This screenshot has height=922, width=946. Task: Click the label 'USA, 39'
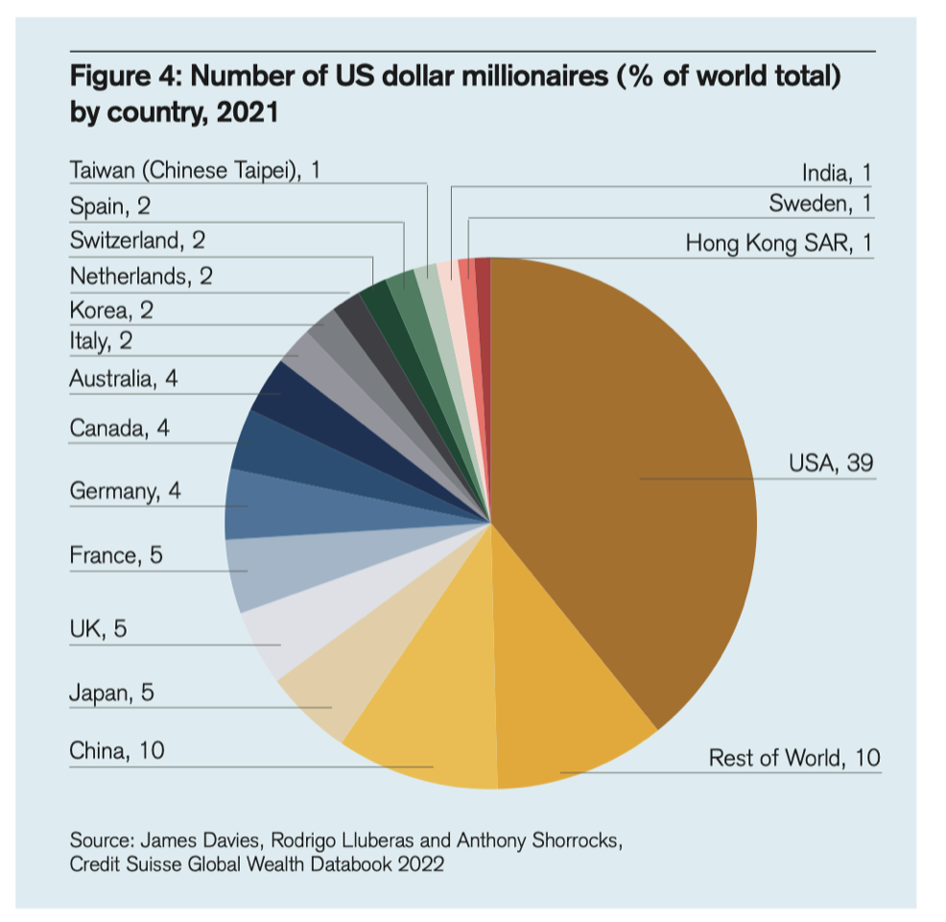[x=830, y=463]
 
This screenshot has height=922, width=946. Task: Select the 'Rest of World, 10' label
[x=793, y=758]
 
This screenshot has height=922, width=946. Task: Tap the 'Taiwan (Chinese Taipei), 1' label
[x=195, y=171]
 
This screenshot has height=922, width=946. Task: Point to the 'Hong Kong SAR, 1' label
[x=777, y=244]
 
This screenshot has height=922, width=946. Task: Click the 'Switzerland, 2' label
[x=137, y=240]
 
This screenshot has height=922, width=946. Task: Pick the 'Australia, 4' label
[x=123, y=379]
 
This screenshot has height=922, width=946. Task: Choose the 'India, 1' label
[x=836, y=173]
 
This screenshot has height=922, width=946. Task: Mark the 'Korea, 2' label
[x=111, y=310]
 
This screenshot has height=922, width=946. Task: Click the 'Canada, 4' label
[x=119, y=428]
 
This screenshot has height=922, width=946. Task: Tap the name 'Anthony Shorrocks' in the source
[x=541, y=841]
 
